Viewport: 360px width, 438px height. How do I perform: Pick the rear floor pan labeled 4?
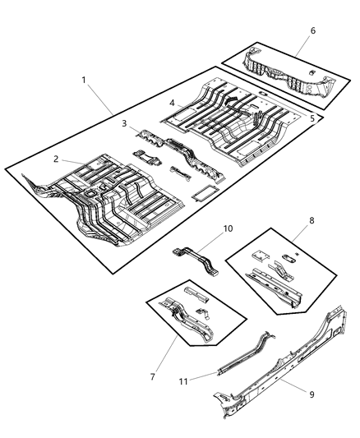(230, 119)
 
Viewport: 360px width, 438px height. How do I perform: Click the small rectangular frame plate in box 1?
(201, 195)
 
